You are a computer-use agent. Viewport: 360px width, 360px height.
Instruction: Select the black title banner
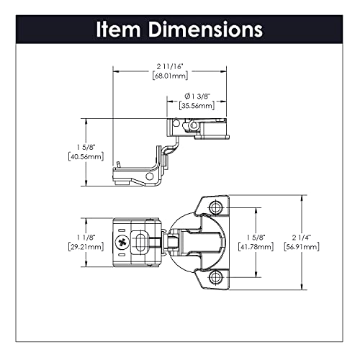(x=179, y=30)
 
